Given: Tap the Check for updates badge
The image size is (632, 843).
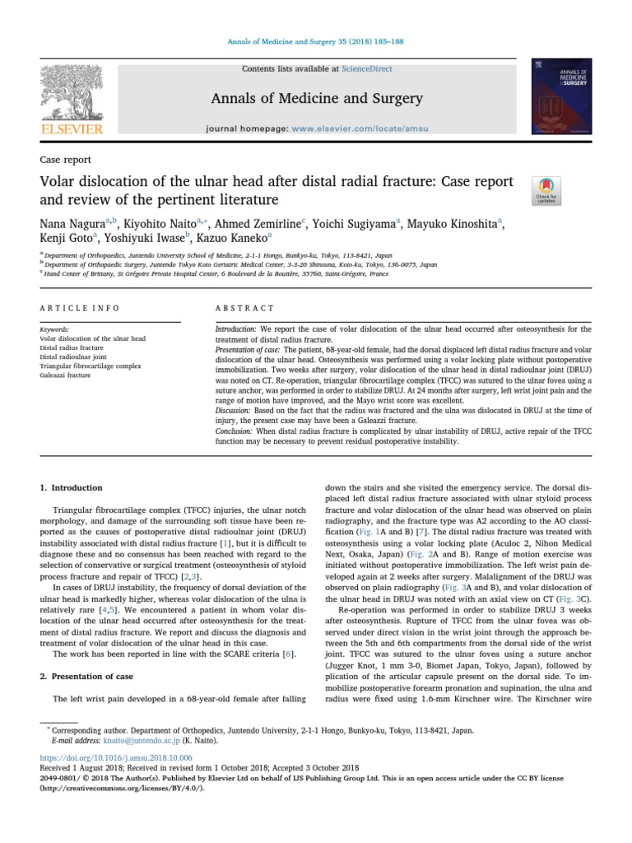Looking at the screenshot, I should (546, 190).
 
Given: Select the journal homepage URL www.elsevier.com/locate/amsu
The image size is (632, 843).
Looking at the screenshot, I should (352, 130).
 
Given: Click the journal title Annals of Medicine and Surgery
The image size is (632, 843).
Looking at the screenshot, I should (316, 100).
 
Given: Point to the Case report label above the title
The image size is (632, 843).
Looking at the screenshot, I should (65, 160).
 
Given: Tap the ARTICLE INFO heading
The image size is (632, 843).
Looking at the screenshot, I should (80, 308).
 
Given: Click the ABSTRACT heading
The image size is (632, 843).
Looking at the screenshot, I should (245, 308).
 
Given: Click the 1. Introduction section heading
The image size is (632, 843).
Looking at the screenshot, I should (72, 487).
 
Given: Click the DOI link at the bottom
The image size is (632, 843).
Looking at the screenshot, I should (115, 757).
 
